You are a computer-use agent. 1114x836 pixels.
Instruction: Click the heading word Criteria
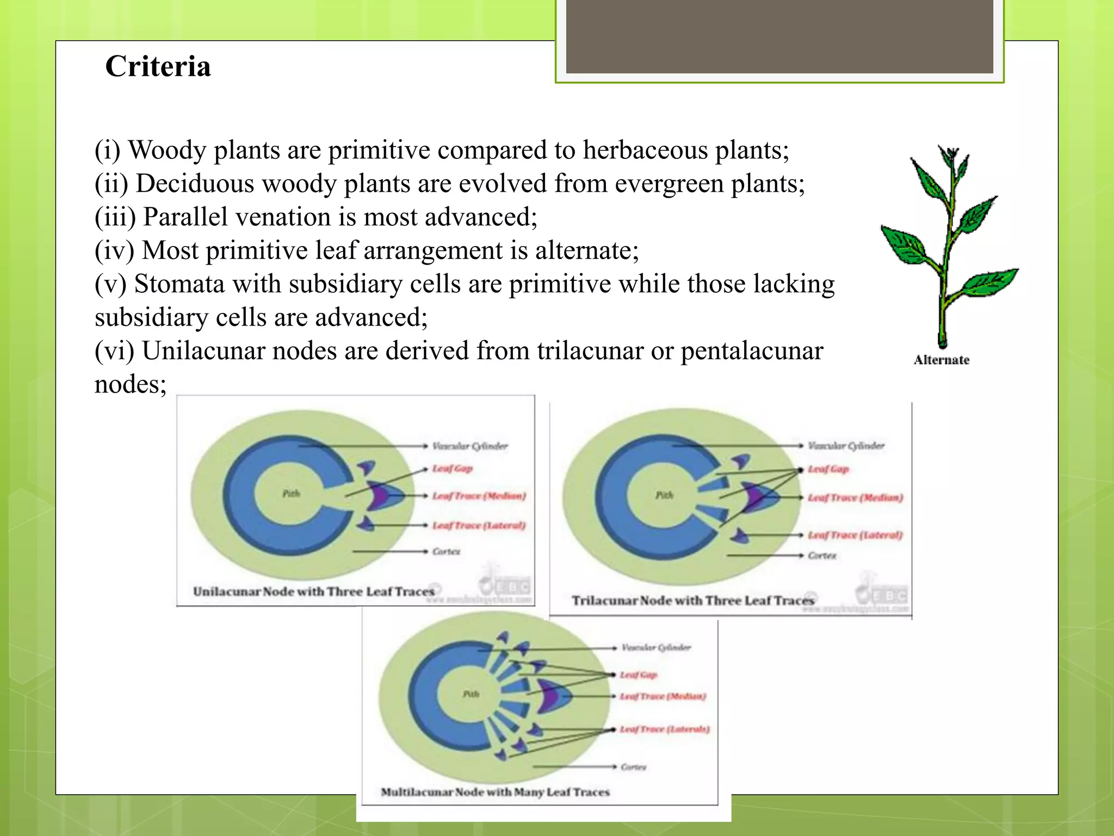pos(158,66)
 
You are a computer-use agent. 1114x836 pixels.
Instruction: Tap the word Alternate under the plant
pos(941,360)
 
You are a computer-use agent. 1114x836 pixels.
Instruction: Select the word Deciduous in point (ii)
pos(195,183)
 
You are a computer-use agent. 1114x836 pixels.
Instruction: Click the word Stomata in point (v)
pos(180,284)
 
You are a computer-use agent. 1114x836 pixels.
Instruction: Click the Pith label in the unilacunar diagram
pos(291,494)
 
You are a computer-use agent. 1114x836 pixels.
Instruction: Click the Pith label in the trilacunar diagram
pos(664,495)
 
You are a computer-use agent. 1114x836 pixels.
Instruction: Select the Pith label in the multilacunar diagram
pos(471,694)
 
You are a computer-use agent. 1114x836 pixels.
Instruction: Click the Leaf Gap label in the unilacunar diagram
pos(452,469)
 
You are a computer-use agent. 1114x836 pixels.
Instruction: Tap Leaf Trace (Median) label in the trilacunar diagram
pos(855,497)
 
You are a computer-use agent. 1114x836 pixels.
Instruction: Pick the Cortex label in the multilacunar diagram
pos(633,767)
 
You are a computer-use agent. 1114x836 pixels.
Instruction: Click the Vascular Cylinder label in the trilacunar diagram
pos(846,446)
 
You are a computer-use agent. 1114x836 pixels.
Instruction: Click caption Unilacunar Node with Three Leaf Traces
pos(313,592)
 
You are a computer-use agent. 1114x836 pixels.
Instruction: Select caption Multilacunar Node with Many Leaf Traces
pos(495,792)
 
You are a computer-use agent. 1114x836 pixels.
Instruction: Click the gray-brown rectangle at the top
pos(779,36)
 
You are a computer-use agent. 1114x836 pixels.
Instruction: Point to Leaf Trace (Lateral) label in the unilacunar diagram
pos(479,525)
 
